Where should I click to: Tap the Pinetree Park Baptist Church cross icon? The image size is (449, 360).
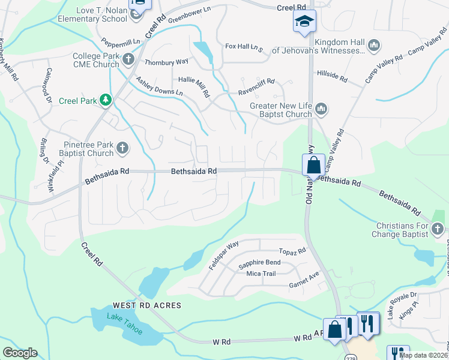coord(122,148)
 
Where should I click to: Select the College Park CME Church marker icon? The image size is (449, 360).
coord(128,59)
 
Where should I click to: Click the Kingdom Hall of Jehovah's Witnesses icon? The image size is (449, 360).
coord(373,46)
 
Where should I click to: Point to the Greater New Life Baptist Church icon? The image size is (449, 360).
coord(321,109)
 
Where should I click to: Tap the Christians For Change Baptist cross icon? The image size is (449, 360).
coord(438,229)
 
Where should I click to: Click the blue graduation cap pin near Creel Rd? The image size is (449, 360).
coord(304,22)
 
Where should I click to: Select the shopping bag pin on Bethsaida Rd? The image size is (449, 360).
coord(314,164)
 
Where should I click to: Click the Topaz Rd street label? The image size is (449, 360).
coord(292,251)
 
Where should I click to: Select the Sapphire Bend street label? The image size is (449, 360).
coord(259,263)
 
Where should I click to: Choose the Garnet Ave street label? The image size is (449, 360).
coord(303,279)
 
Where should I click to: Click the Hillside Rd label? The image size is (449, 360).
coord(332,77)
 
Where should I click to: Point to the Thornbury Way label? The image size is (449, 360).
coord(166,62)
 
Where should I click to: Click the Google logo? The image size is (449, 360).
coord(20,353)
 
